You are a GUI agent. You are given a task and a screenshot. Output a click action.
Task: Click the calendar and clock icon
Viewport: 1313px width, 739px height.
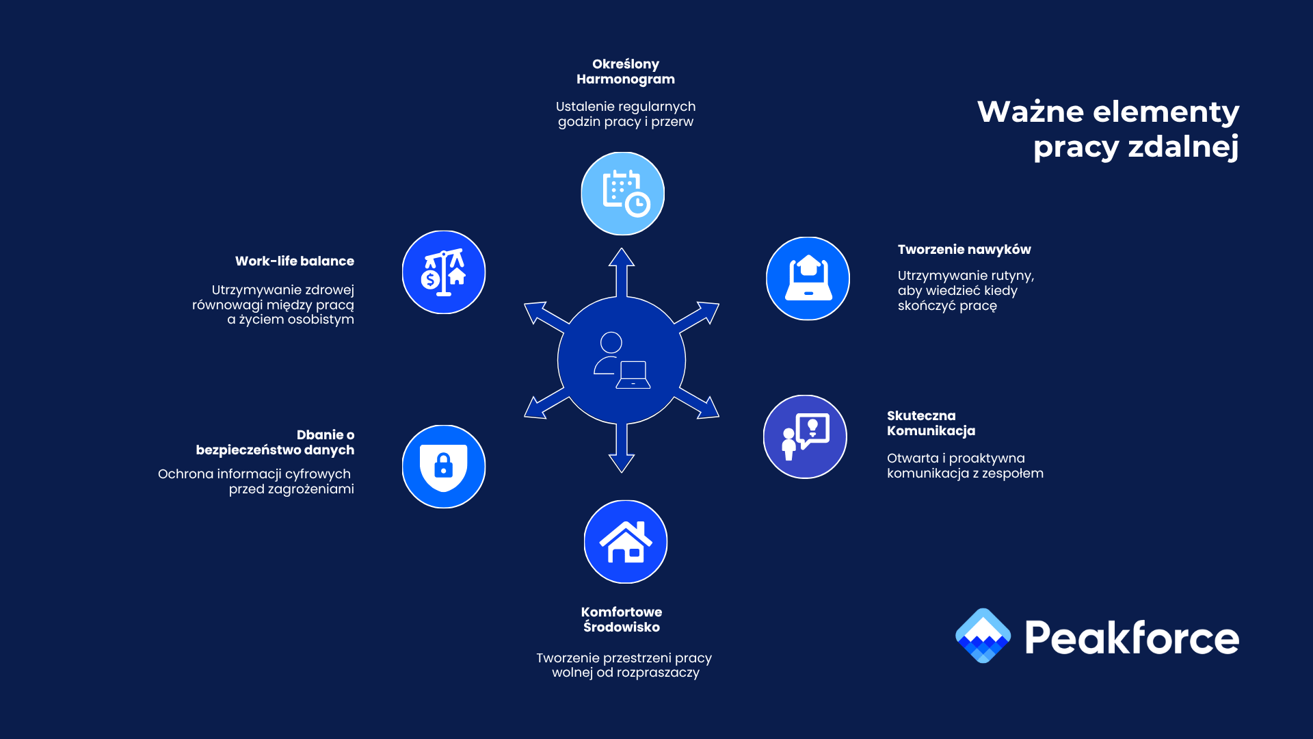click(x=623, y=194)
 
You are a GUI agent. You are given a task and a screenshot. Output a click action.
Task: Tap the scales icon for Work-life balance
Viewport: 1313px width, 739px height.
click(x=444, y=272)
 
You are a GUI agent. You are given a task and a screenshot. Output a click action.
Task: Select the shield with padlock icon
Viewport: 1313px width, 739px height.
click(x=444, y=467)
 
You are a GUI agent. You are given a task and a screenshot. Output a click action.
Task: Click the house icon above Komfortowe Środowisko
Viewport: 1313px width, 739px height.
click(x=626, y=542)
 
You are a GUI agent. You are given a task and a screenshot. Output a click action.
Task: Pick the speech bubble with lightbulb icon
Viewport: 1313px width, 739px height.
click(x=805, y=437)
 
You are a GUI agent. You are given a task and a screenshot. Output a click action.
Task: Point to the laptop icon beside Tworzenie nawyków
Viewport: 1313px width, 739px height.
click(x=808, y=278)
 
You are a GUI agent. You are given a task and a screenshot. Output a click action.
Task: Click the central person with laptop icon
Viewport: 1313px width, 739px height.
click(x=622, y=361)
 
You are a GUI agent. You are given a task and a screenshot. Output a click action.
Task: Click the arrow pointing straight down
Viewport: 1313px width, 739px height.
click(x=622, y=452)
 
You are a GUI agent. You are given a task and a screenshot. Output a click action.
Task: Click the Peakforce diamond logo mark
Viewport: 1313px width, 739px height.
click(x=983, y=636)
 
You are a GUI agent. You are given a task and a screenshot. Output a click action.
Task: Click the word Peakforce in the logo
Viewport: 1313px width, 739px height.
click(x=1132, y=638)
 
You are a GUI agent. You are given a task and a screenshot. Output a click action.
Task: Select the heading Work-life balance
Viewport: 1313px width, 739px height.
click(x=295, y=261)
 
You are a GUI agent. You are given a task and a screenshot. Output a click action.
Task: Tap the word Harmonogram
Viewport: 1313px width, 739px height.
click(x=626, y=79)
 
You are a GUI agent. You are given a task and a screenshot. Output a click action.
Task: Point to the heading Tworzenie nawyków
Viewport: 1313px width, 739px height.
click(x=964, y=250)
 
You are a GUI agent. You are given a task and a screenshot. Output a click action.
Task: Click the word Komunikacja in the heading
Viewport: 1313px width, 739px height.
click(x=931, y=431)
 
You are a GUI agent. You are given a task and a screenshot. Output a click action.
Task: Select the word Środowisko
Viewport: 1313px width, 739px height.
click(x=622, y=627)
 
